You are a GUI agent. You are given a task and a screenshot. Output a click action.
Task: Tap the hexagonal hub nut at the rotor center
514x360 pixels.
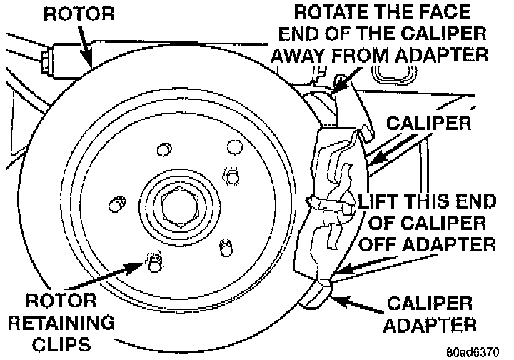[176, 206]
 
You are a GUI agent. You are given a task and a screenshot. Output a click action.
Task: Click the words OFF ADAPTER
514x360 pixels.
[426, 245]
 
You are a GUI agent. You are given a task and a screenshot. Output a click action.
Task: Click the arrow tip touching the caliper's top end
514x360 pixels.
[333, 91]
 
